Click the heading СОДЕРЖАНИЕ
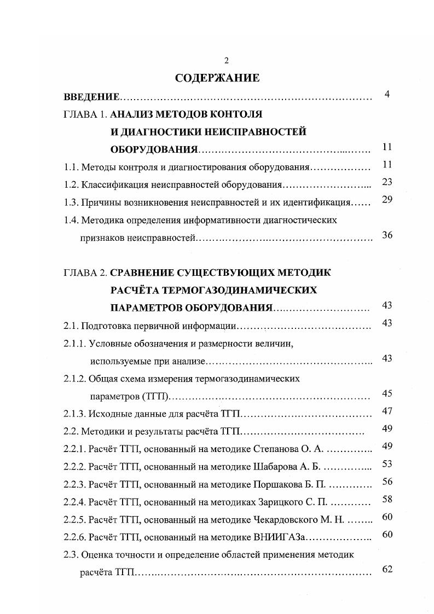point(217,78)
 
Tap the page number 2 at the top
point(218,60)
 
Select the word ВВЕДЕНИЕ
point(91,97)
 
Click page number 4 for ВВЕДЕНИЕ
point(387,95)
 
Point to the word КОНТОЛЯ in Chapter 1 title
point(235,114)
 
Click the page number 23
point(387,182)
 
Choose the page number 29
point(387,199)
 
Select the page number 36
point(387,236)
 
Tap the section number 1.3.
point(71,202)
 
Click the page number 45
point(387,393)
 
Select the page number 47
point(387,411)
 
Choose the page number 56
point(387,482)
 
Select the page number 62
point(387,569)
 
